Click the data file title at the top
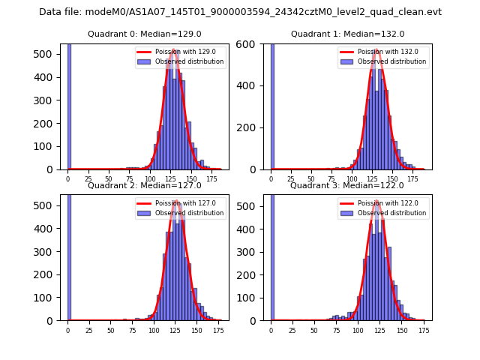coord(240,12)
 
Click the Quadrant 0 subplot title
coord(145,34)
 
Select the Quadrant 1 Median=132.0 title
coord(347,34)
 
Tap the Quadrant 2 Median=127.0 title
coord(145,185)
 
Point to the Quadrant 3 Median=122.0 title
coord(347,185)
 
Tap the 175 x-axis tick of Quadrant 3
coord(424,330)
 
